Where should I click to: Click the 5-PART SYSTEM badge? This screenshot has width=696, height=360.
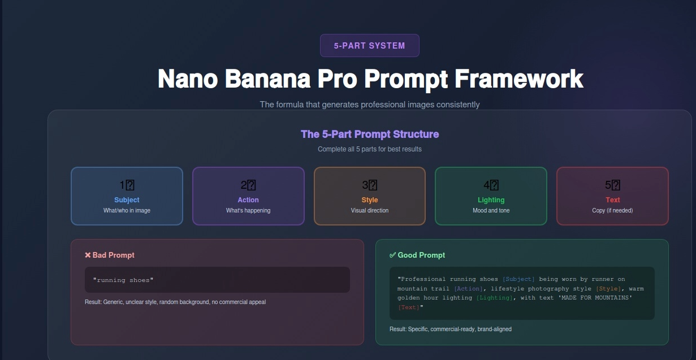(369, 46)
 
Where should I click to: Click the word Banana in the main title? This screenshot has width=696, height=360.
(267, 79)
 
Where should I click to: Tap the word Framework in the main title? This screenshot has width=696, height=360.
(518, 79)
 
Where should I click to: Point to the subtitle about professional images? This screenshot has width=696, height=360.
(369, 105)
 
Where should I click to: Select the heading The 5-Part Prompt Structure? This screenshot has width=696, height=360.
(370, 134)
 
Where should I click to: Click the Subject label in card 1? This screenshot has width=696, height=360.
(127, 200)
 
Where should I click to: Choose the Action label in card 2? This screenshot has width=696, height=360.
(248, 200)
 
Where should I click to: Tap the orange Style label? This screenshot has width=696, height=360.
(370, 200)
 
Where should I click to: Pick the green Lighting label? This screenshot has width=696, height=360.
(491, 200)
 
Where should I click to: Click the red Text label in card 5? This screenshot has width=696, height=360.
(613, 200)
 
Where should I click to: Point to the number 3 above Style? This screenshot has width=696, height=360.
(366, 185)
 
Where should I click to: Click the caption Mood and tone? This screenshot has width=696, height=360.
(491, 211)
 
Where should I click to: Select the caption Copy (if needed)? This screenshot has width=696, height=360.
(612, 211)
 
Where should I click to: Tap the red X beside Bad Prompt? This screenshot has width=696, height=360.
(88, 255)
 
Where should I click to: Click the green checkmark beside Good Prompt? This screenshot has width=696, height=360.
(392, 255)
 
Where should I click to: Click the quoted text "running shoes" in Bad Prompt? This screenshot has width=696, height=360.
(123, 280)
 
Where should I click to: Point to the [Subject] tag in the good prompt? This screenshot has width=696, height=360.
(518, 279)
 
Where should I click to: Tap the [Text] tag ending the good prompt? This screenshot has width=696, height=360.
(409, 307)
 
